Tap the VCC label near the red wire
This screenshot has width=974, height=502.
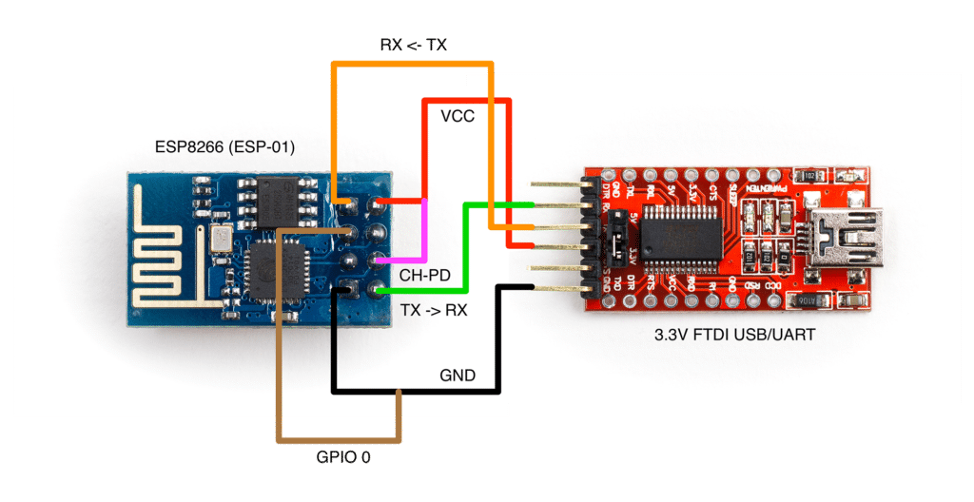pyautogui.click(x=458, y=117)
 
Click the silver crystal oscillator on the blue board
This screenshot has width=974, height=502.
pyautogui.click(x=221, y=238)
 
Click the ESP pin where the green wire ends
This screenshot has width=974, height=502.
pyautogui.click(x=380, y=290)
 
